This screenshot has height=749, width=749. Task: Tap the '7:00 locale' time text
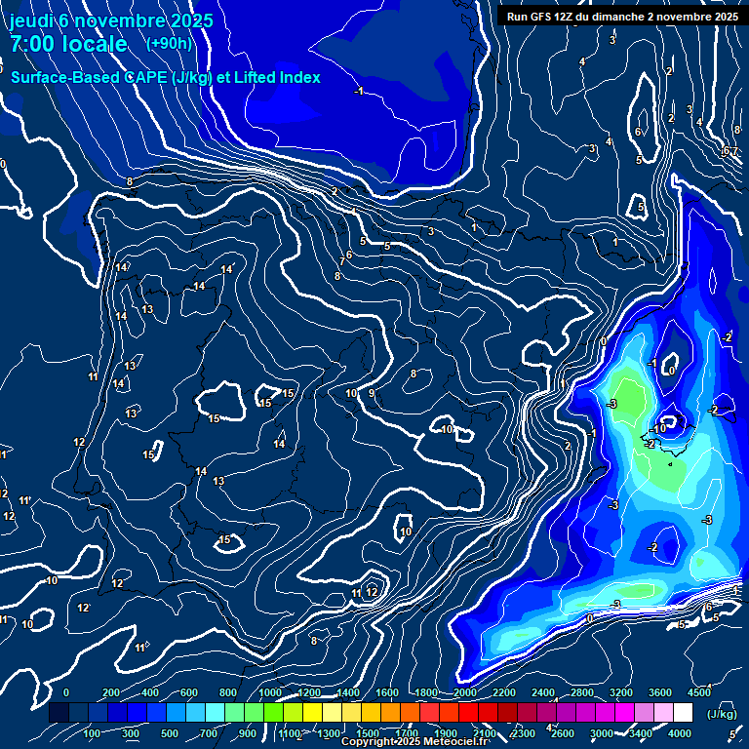(68, 44)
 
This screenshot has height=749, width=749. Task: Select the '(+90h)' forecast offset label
(169, 44)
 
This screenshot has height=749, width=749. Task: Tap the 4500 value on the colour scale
(699, 692)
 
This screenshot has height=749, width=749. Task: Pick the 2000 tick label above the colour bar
(464, 692)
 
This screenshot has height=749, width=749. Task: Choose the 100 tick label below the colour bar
(94, 733)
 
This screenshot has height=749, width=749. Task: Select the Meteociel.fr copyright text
(414, 742)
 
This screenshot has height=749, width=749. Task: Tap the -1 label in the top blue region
(359, 91)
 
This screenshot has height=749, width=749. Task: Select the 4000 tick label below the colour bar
(680, 733)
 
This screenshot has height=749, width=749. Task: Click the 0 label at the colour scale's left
(66, 692)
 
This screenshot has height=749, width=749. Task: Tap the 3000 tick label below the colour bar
(602, 733)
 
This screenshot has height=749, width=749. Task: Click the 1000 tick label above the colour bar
(269, 692)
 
